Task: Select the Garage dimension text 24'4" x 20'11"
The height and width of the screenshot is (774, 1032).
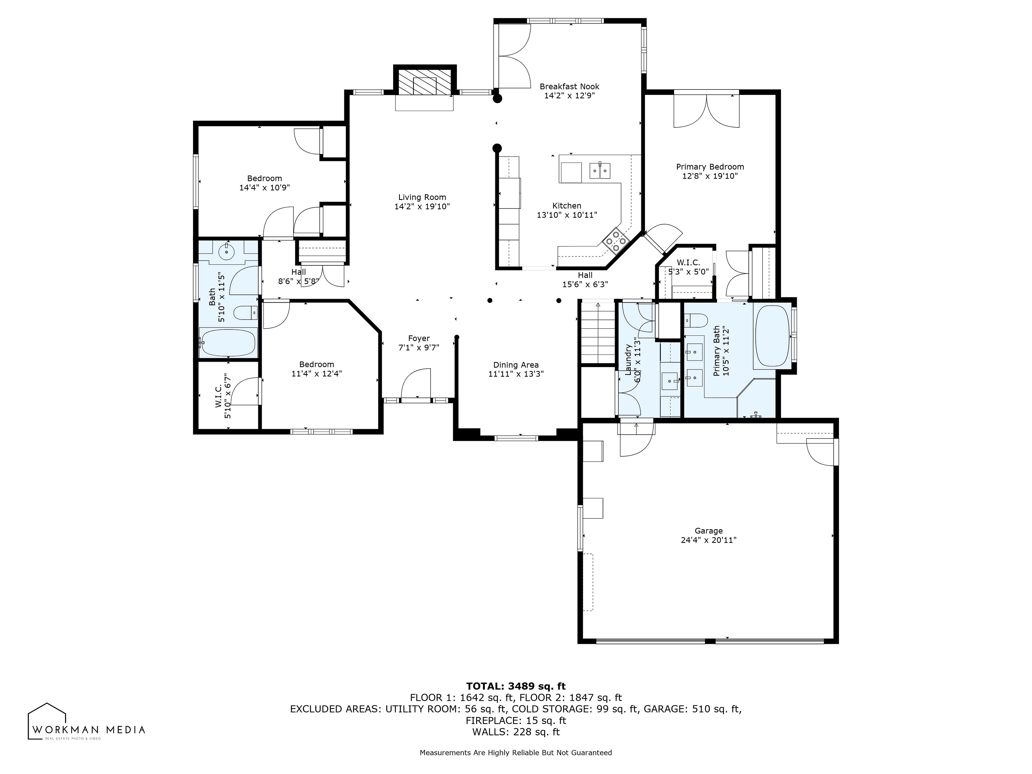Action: click(x=709, y=540)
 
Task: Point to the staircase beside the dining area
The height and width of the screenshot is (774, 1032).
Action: click(x=598, y=332)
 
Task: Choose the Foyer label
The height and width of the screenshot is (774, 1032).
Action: click(x=419, y=338)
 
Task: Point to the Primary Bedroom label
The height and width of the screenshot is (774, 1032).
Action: click(x=710, y=167)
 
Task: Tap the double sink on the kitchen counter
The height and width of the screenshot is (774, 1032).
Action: click(x=600, y=171)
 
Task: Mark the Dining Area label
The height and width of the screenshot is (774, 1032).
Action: click(x=516, y=365)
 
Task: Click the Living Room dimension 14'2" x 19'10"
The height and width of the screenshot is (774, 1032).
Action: click(x=422, y=206)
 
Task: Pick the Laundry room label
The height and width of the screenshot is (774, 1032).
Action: click(x=628, y=360)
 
